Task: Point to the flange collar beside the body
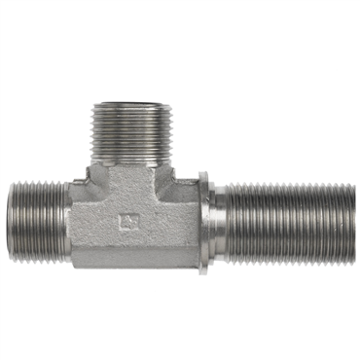(203, 221)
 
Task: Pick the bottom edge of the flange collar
(203, 270)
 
